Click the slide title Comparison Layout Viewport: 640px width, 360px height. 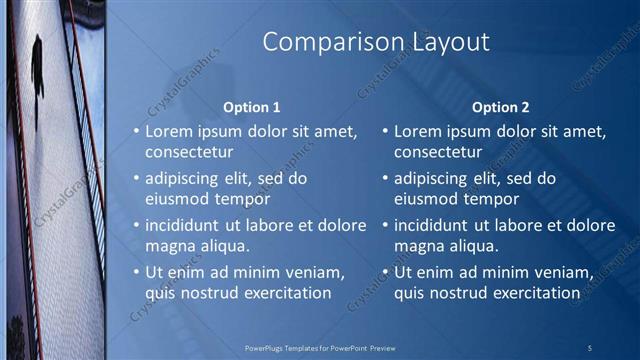(375, 42)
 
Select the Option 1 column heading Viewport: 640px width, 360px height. (250, 107)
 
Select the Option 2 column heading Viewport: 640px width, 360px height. (499, 107)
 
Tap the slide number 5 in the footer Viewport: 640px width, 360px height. (591, 347)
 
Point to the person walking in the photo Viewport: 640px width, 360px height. (37, 65)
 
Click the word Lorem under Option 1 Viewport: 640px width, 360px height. (169, 131)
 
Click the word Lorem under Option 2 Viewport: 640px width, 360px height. (417, 131)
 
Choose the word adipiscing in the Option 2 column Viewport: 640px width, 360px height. (431, 178)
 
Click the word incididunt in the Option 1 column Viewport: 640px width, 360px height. (186, 225)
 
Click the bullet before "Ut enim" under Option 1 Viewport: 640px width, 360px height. (137, 272)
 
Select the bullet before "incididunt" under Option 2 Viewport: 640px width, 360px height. (385, 225)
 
